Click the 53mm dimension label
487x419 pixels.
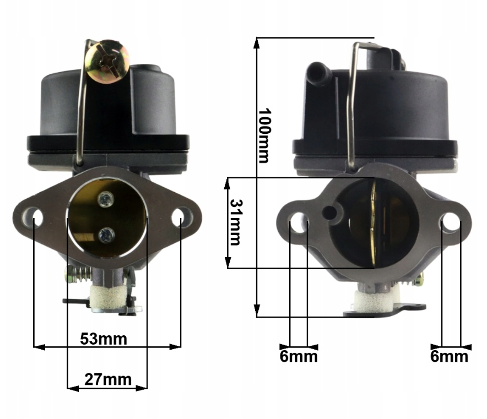tap(104, 339)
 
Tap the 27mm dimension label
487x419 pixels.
tap(108, 379)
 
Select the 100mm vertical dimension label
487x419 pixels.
tap(265, 135)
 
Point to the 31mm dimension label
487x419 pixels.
tap(235, 222)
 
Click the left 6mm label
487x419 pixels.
tap(299, 356)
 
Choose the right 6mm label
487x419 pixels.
tap(449, 356)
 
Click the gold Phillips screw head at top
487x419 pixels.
tap(108, 61)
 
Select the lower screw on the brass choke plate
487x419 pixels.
tap(106, 235)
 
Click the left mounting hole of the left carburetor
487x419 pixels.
tap(34, 216)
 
